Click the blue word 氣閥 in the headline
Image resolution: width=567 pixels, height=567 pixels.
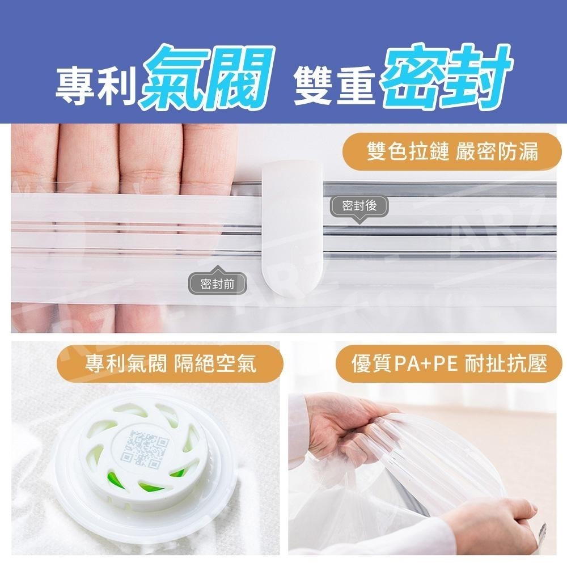208,78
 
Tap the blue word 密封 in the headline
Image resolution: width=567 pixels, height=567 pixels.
447,77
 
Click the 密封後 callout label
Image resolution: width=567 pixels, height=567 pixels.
359,207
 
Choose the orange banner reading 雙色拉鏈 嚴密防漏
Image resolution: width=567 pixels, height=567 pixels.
452,151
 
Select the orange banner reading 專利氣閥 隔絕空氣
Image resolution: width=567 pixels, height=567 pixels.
170,363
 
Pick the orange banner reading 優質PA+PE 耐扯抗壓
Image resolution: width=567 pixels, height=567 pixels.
448,363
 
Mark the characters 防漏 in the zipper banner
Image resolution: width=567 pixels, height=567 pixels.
518,151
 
